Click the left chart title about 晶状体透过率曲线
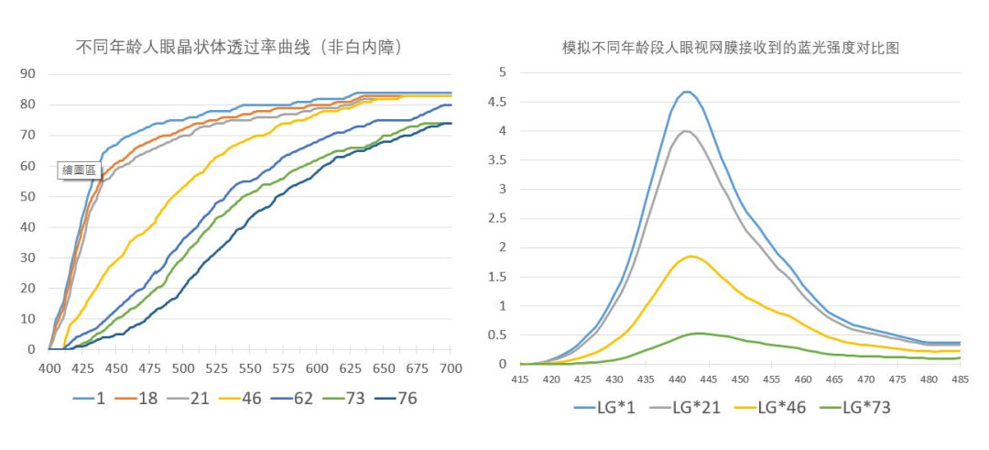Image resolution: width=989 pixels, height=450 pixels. coord(239,47)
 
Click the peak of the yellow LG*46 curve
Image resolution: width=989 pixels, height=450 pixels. coord(691,256)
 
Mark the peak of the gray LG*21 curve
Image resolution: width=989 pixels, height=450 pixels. coord(686,130)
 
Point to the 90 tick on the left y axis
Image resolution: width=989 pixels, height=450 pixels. coord(27,74)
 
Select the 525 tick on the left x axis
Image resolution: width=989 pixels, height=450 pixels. coord(217,368)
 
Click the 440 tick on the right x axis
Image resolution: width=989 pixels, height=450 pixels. coord(677,379)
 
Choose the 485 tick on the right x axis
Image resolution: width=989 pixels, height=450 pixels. coord(960,379)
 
